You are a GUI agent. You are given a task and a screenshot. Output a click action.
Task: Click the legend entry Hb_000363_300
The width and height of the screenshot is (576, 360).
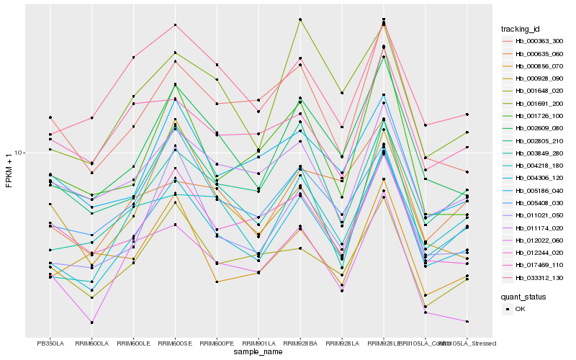point(539,41)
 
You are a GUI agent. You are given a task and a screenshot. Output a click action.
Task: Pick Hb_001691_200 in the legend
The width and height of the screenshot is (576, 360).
point(539,103)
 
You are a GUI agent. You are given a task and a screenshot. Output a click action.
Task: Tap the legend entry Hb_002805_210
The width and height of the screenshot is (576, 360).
point(539,140)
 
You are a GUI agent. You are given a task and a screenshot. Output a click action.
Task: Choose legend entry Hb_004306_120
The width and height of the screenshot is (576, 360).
point(539,178)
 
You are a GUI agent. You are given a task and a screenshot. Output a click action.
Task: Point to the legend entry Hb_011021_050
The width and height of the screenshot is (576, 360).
point(539,215)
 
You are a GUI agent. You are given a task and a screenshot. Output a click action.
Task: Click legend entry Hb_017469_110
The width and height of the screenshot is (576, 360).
point(539,265)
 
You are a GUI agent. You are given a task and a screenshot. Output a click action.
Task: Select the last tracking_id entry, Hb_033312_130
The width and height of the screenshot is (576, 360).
point(539,277)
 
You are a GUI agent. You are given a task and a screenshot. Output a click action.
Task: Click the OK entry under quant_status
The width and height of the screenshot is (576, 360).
point(521,308)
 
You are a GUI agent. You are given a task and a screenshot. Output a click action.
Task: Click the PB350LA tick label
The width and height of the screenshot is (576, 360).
point(50,343)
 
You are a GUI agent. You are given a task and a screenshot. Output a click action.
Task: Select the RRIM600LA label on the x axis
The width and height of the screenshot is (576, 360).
point(91,343)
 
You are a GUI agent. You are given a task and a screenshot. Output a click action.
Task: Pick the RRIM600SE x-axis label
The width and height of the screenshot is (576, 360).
point(175,343)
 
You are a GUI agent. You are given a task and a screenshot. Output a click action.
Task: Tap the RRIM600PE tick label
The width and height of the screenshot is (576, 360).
point(217,343)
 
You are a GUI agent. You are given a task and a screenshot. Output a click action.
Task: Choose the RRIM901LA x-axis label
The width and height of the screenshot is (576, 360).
point(258,343)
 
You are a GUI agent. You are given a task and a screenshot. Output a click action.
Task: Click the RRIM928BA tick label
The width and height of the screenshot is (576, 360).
point(300,343)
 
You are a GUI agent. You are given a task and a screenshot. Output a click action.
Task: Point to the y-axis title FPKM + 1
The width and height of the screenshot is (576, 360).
point(9,171)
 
